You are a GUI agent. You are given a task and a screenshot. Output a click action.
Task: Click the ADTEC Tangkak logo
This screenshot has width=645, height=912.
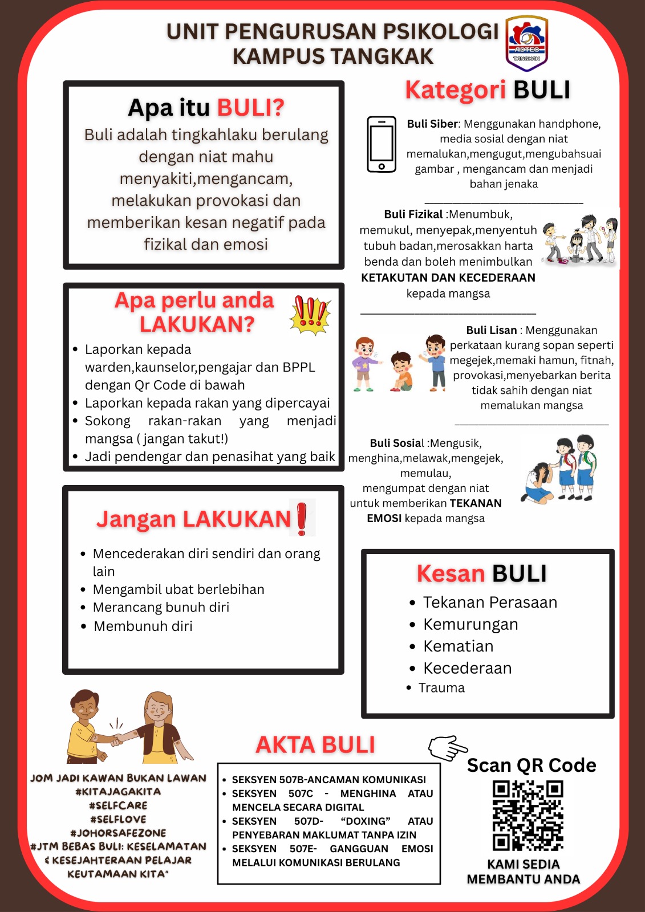coord(527,43)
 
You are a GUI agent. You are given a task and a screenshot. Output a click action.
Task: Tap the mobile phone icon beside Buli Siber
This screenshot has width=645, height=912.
coord(382,144)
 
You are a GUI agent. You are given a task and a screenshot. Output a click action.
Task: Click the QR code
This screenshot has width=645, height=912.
coord(528,816)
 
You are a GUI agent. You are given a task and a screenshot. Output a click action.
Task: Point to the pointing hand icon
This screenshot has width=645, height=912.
coord(448,747)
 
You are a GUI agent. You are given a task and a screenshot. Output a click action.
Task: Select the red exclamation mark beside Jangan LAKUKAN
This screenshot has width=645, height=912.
coord(302,518)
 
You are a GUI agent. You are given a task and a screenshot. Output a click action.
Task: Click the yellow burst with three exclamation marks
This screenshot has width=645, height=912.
coord(310,315)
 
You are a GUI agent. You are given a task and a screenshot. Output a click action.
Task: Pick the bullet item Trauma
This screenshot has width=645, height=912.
coord(441,688)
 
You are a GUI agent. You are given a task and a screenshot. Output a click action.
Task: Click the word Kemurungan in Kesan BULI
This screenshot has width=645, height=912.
coord(470,625)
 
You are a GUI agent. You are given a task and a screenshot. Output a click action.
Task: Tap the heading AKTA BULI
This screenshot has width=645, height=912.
coord(315,745)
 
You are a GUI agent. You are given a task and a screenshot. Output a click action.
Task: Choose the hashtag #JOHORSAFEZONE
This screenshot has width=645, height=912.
coord(118,833)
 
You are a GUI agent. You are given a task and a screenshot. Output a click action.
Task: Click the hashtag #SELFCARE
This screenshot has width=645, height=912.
coord(118,805)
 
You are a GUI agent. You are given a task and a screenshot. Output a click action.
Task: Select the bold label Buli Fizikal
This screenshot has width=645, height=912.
coord(413,214)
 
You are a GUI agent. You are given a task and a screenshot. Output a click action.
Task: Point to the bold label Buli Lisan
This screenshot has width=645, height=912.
coord(491,330)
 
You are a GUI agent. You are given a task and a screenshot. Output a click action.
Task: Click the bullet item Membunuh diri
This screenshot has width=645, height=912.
coord(143,626)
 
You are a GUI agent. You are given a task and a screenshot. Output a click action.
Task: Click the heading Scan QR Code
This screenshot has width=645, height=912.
coord(532,765)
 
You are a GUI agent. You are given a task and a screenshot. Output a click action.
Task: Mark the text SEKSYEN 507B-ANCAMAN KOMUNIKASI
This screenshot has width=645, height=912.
coord(328,780)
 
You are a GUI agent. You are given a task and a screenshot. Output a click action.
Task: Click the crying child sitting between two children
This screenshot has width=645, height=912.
coord(402,372)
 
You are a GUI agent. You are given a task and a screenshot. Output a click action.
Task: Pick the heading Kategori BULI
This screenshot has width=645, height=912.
coord(488,90)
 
